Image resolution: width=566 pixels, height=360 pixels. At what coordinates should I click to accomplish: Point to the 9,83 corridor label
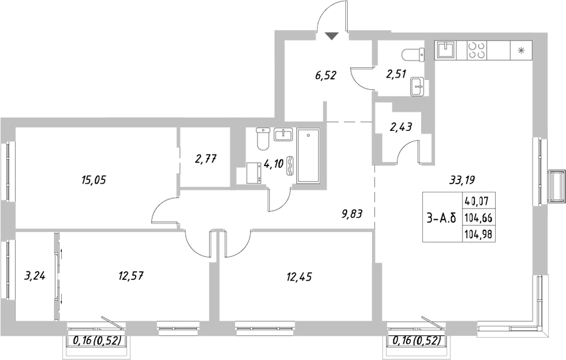tap(353, 213)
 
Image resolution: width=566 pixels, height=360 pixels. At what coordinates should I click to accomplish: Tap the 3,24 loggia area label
tap(36, 277)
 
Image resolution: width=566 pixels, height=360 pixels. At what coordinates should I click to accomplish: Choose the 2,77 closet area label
tap(205, 159)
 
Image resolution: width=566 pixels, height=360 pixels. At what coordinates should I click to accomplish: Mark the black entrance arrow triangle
tap(330, 36)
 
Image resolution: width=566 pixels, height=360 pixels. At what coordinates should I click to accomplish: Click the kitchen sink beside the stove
tap(448, 48)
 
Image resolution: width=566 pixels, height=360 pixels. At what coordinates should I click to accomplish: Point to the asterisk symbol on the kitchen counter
tap(520, 50)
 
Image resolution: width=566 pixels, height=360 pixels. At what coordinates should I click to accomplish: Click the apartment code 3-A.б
tap(441, 217)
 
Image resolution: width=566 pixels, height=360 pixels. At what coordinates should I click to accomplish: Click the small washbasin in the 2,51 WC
tap(418, 86)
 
